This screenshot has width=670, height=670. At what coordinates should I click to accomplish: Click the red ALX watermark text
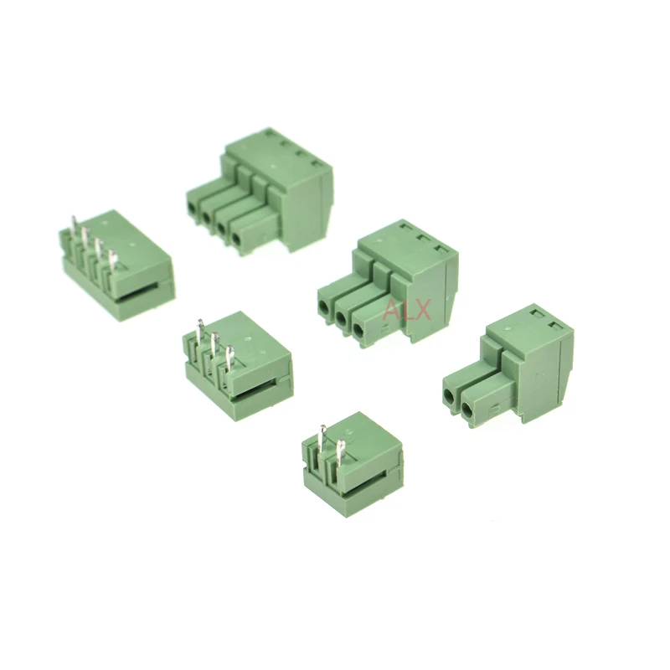pos(407,310)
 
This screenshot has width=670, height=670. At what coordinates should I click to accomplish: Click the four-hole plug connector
pos(260,191)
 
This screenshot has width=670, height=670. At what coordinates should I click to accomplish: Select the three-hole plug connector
pos(388,284)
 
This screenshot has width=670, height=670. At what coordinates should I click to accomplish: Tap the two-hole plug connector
pos(508,366)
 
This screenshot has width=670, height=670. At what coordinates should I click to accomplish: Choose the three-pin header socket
pos(238,365)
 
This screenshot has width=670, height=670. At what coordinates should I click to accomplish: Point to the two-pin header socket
pos(352,464)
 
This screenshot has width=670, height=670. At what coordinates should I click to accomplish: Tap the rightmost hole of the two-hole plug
pos(468,410)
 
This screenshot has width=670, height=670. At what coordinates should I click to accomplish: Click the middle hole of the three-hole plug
pos(342,317)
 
